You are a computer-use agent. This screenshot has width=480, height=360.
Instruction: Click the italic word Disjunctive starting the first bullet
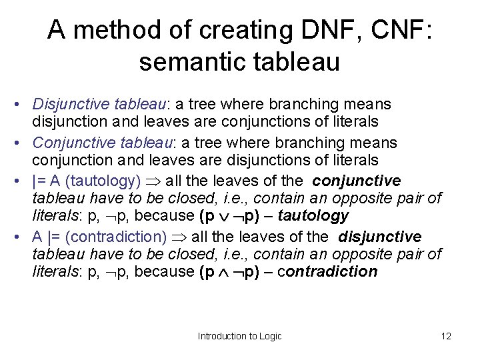[66, 105]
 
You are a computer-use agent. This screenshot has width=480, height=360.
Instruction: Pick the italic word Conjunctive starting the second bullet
[69, 143]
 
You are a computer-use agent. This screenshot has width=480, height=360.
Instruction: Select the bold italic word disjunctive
[379, 237]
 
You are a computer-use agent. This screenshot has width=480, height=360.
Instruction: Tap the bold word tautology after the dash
[314, 215]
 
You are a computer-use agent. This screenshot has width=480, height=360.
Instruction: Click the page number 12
[446, 336]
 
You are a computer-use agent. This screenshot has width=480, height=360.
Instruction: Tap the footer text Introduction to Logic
[240, 336]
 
